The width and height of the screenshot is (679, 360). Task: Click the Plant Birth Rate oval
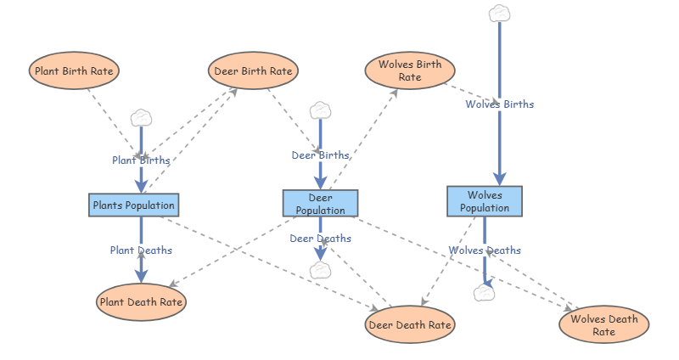(x=74, y=70)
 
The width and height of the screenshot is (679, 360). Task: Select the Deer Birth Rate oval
(x=253, y=70)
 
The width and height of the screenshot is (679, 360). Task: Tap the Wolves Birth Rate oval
(x=410, y=70)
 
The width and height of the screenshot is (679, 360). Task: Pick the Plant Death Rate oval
(x=141, y=302)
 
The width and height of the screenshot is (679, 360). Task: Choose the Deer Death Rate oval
(x=410, y=324)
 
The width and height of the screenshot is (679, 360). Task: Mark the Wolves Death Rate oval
(x=604, y=324)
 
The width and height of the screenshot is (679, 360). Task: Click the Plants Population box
(x=134, y=205)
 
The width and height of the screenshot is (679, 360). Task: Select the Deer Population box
(x=321, y=203)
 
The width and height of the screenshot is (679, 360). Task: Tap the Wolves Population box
(x=485, y=201)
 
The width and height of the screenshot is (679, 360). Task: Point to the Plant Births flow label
(x=141, y=160)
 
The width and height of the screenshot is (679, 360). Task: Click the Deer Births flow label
(x=321, y=155)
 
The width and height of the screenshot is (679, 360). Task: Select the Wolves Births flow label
(x=500, y=104)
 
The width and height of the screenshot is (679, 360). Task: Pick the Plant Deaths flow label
(x=141, y=250)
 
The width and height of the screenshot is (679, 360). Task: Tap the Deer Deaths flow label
(x=321, y=239)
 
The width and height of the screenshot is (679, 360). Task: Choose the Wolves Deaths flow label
(x=485, y=250)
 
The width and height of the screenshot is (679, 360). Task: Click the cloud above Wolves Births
(x=499, y=14)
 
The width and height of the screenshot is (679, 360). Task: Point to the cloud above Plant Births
(x=141, y=118)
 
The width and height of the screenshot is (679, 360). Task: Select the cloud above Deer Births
(x=321, y=110)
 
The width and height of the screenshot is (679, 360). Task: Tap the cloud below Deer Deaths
(x=321, y=271)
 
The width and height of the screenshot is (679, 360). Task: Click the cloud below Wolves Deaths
(x=484, y=293)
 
